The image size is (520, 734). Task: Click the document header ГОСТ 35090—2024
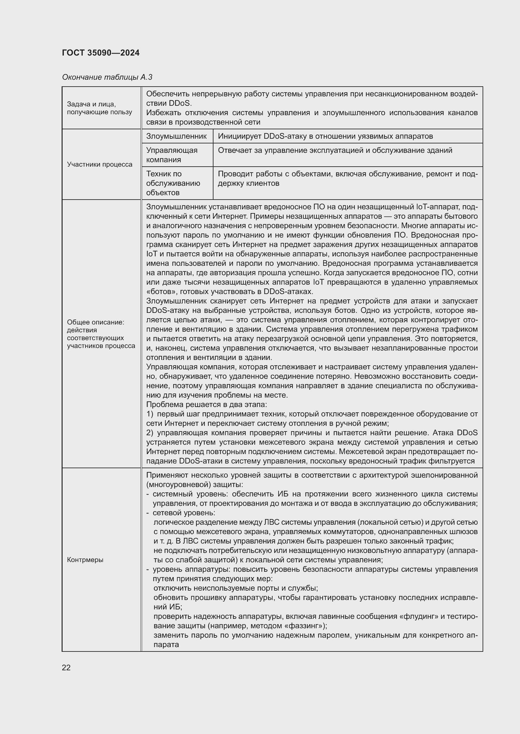tap(101, 53)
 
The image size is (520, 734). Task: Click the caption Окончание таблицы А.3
tap(107, 77)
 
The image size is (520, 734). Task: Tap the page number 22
tap(66, 667)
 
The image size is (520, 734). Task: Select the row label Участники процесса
tap(100, 164)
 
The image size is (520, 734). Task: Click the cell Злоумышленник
tap(176, 136)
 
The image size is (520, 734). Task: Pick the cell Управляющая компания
tap(172, 155)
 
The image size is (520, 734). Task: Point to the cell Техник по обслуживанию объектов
tap(173, 183)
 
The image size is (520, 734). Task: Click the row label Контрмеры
tap(85, 560)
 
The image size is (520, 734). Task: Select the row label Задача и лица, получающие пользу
tap(99, 108)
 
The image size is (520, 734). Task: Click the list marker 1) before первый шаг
tap(150, 414)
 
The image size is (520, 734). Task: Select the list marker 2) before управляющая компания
tap(150, 433)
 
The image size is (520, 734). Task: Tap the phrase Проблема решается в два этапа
tap(206, 405)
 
